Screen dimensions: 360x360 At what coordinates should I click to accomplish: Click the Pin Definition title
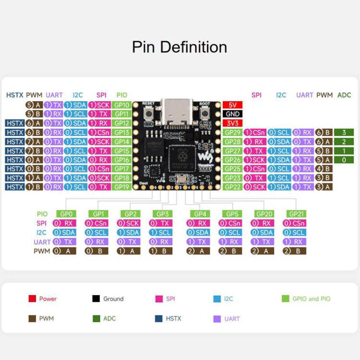point(180,47)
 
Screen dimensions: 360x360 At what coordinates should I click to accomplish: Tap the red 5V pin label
point(232,105)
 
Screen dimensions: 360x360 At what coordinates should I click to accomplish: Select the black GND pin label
point(232,114)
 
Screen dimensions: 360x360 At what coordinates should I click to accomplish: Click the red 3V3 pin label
point(232,123)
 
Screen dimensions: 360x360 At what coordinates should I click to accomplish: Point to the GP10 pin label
point(122,105)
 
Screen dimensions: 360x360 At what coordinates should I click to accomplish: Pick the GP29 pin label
point(232,132)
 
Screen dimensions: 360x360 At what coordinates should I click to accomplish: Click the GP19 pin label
point(122,187)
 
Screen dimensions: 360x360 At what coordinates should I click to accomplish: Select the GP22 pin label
point(232,187)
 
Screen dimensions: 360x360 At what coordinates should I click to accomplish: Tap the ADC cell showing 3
point(344,132)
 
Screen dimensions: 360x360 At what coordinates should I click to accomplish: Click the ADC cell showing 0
point(344,160)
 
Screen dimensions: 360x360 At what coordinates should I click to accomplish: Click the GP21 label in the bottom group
point(294,214)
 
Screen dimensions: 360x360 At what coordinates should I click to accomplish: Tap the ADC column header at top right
point(344,95)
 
